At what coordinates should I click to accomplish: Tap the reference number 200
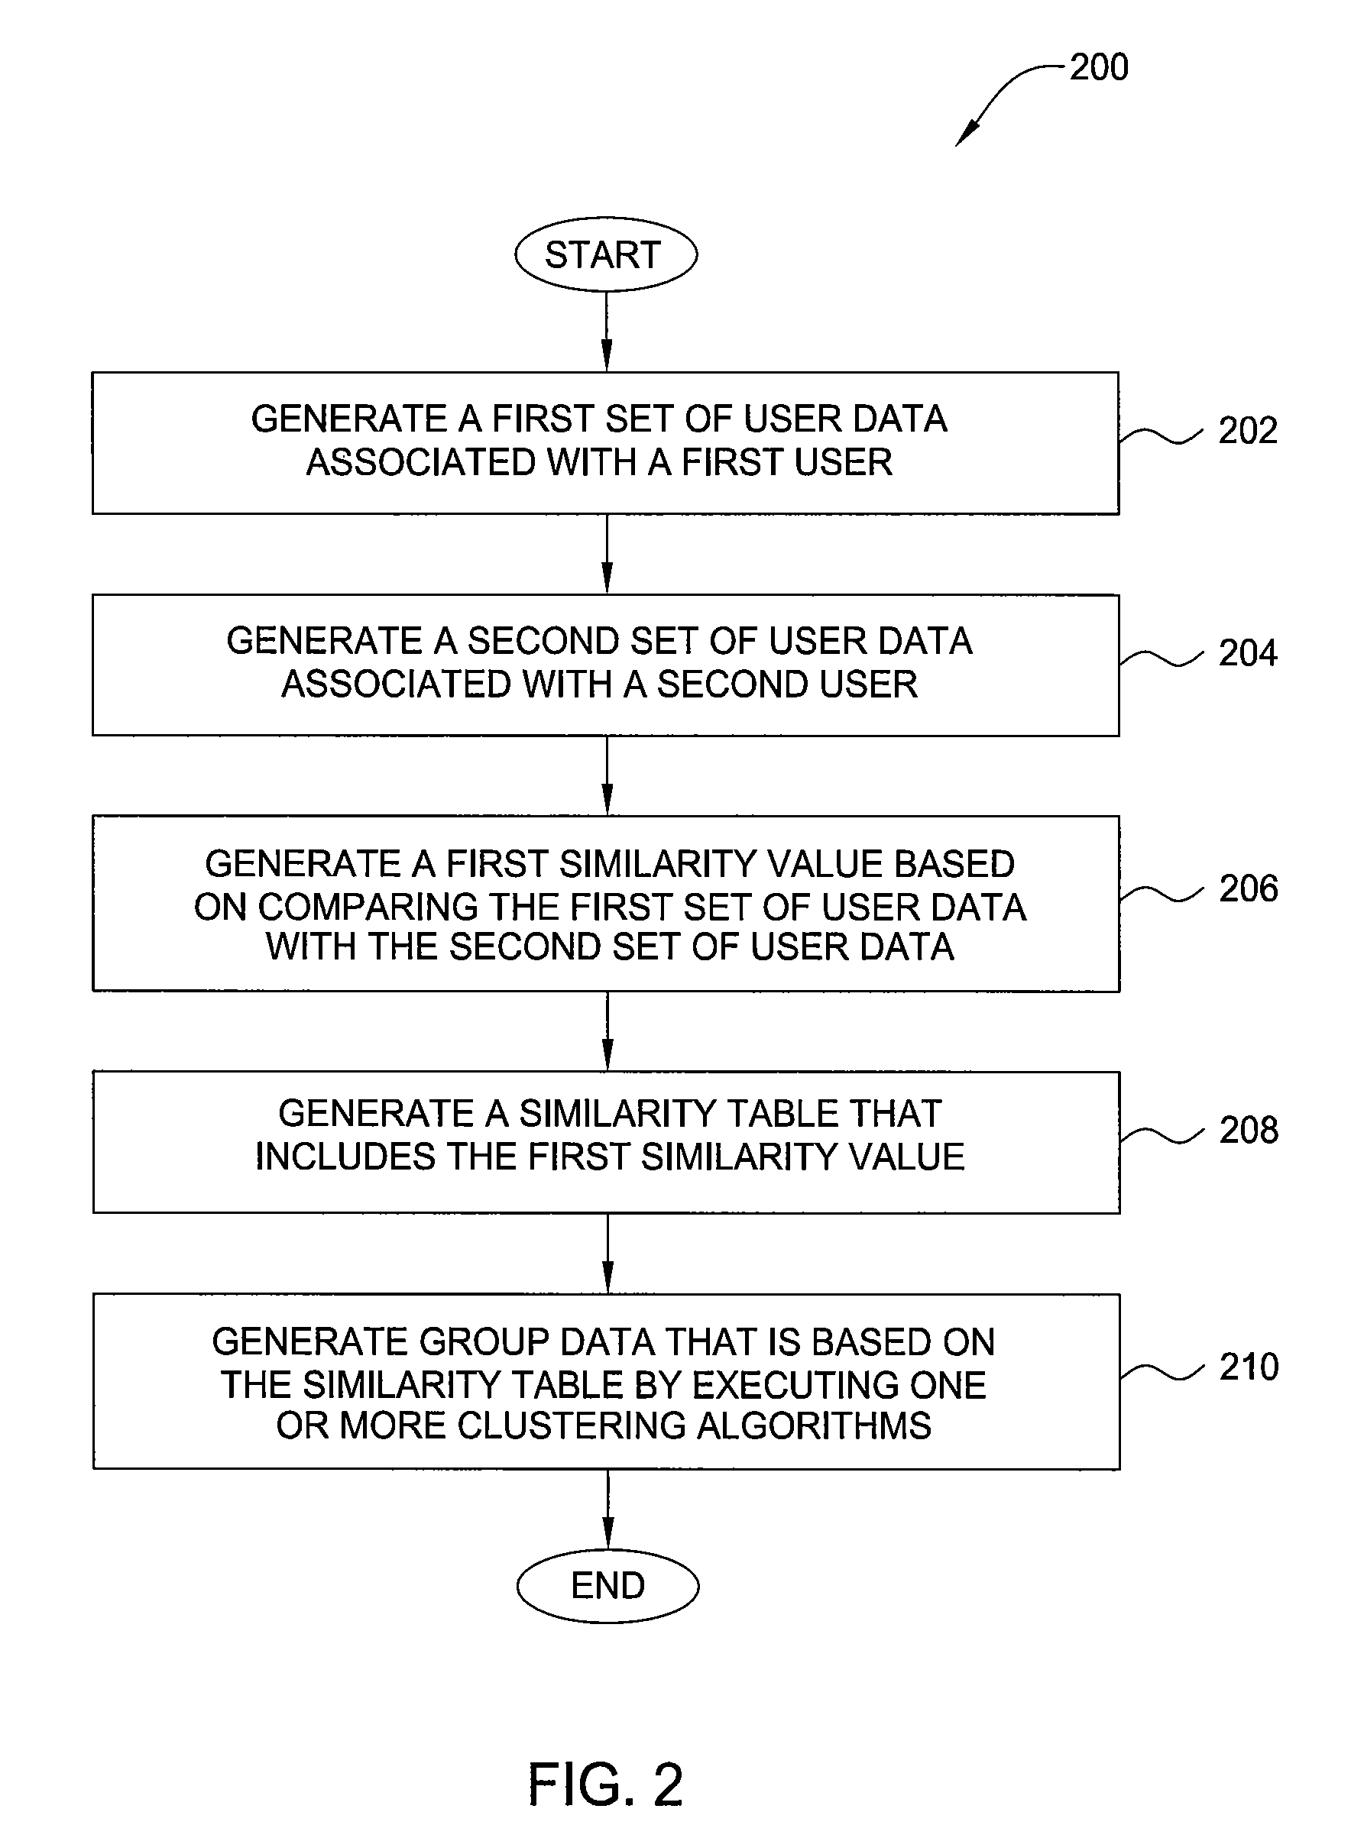click(1099, 66)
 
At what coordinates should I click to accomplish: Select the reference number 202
click(1248, 431)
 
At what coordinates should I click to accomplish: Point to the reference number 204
click(1248, 653)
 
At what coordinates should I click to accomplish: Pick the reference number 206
click(1249, 888)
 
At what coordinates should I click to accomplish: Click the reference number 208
click(1249, 1131)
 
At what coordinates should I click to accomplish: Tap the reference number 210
click(1249, 1367)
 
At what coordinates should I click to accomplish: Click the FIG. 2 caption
click(606, 1784)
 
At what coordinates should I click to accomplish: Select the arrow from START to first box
click(607, 332)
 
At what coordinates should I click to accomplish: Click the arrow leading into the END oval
click(608, 1509)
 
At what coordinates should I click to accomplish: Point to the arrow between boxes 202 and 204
click(607, 555)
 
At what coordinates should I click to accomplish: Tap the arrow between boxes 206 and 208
click(608, 1031)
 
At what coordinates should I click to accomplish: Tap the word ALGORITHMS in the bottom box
click(815, 1425)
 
